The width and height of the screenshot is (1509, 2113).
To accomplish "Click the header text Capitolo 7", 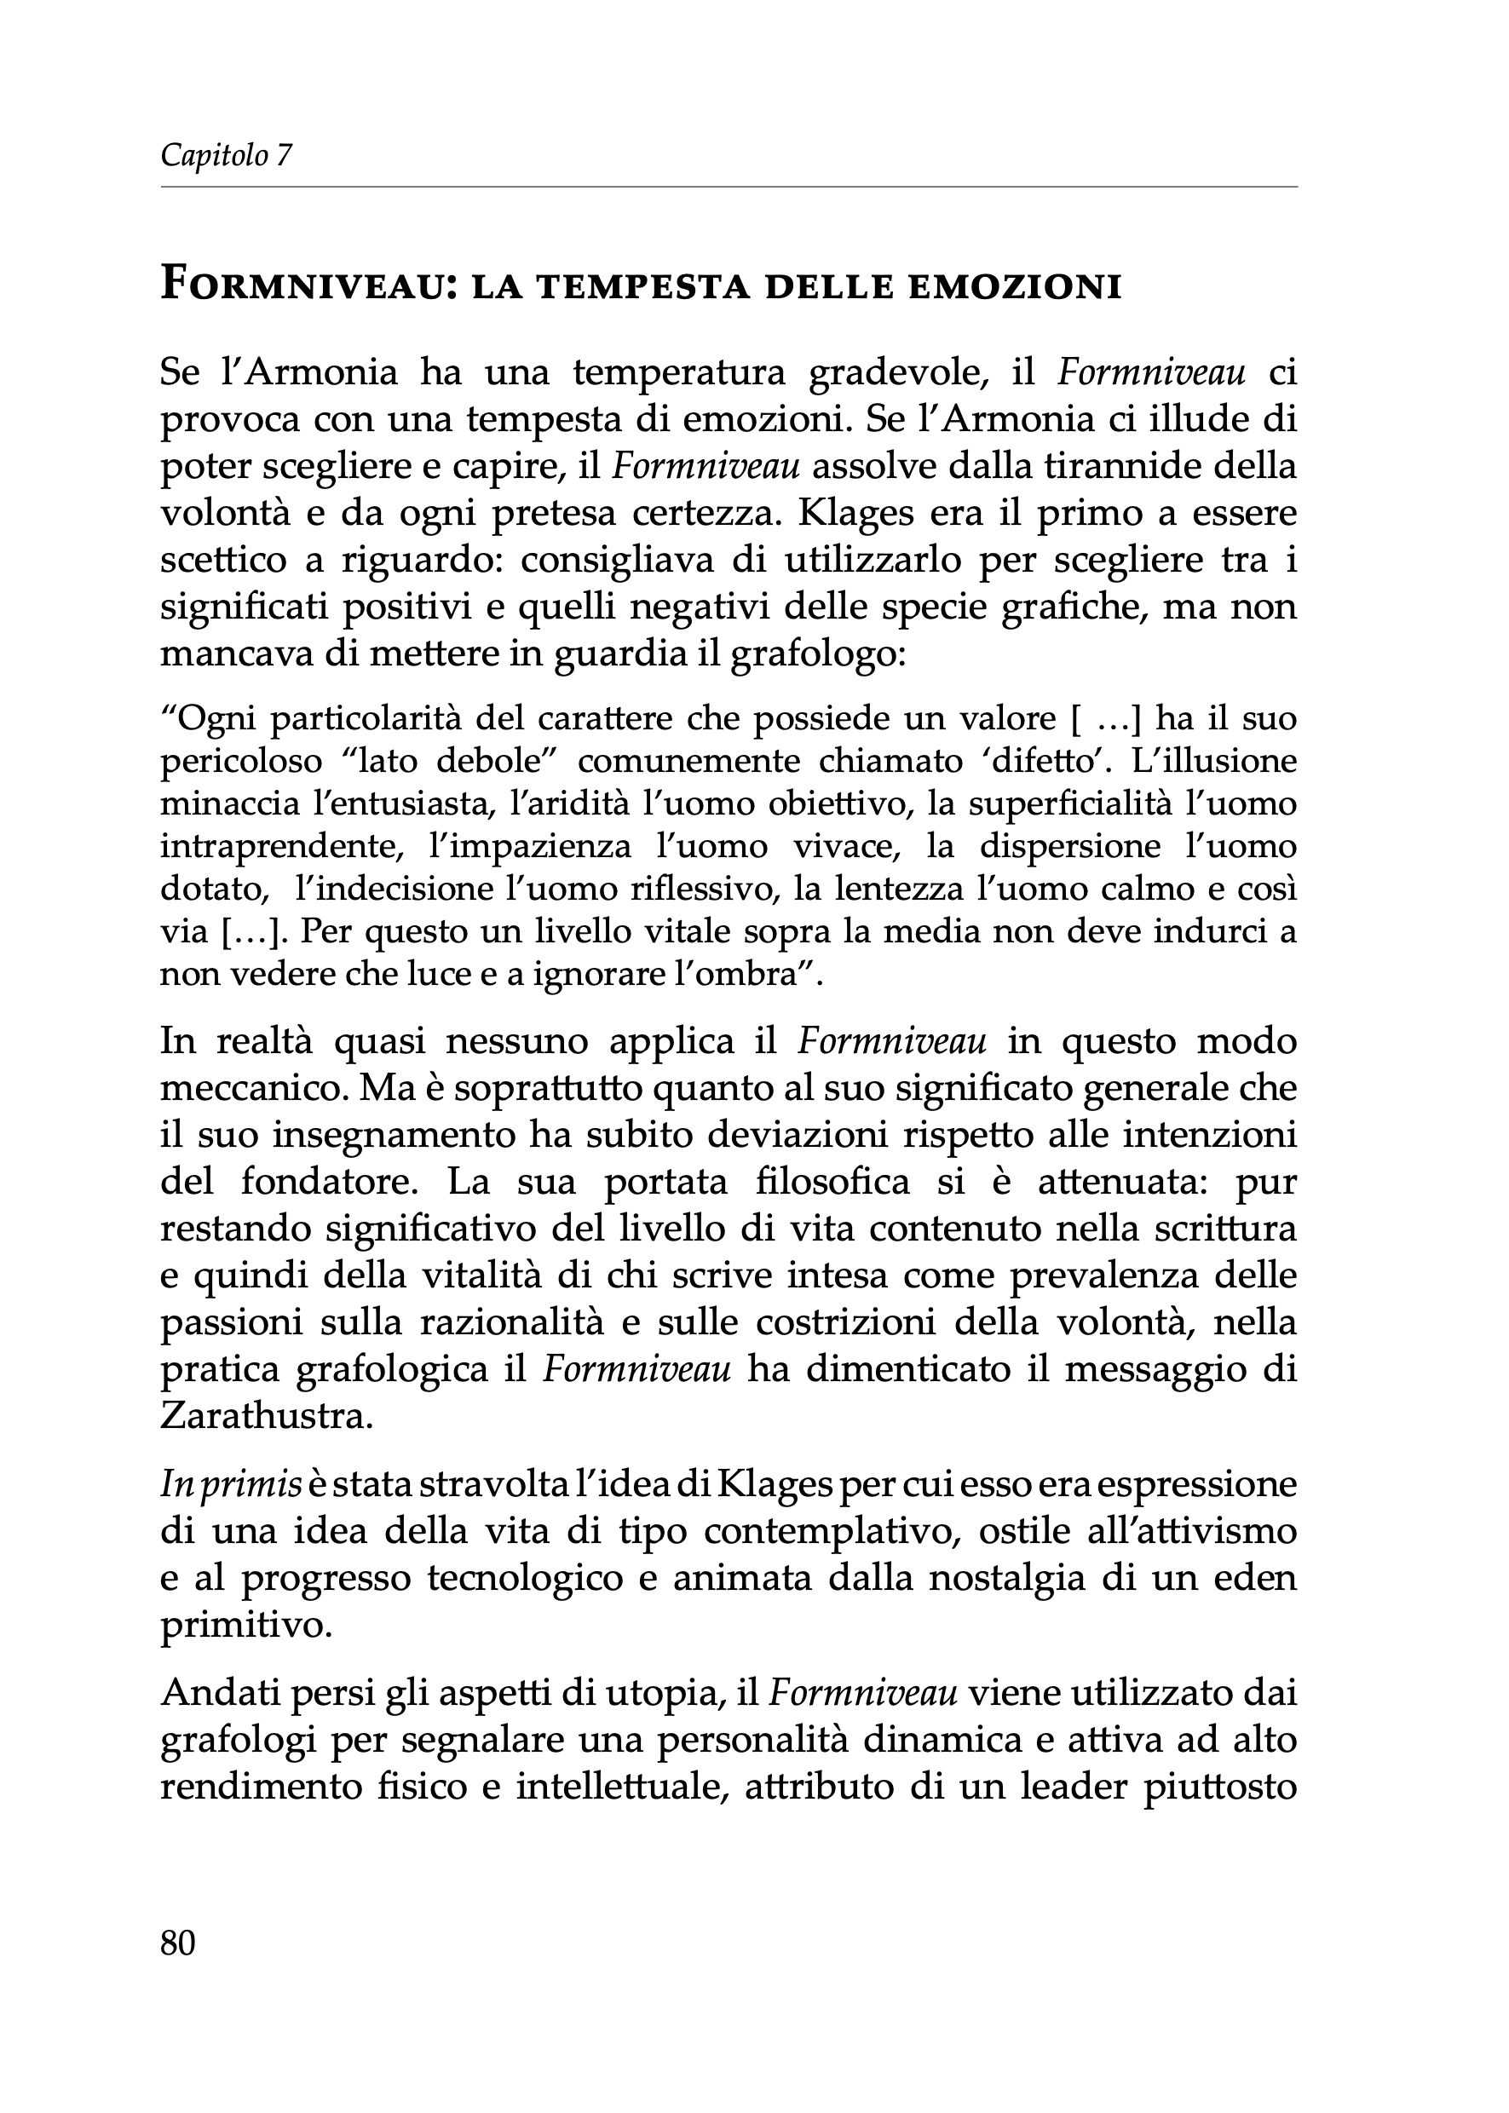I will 226,155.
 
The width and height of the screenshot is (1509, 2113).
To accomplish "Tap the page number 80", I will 177,1943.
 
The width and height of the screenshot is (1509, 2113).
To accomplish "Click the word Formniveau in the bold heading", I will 300,285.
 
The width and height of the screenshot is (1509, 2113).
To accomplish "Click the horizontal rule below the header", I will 729,187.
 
